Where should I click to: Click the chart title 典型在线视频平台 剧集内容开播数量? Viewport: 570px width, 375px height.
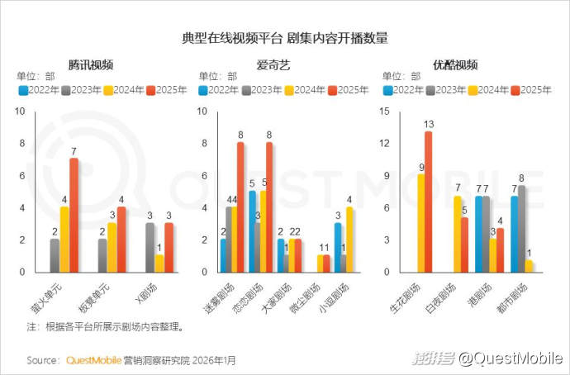pos(285,38)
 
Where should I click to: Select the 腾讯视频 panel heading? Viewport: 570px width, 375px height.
pos(91,64)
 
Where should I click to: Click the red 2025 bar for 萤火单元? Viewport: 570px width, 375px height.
pos(74,215)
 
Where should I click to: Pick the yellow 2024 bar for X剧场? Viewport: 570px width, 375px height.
pos(159,263)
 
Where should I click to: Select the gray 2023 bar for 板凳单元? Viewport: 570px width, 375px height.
pos(102,255)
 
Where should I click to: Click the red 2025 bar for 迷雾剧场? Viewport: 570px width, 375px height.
pos(240,207)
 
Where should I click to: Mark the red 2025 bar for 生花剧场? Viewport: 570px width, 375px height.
pos(428,202)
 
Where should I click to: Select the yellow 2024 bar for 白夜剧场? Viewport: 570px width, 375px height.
pos(457,234)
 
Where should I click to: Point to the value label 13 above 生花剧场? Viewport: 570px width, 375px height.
pos(428,125)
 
